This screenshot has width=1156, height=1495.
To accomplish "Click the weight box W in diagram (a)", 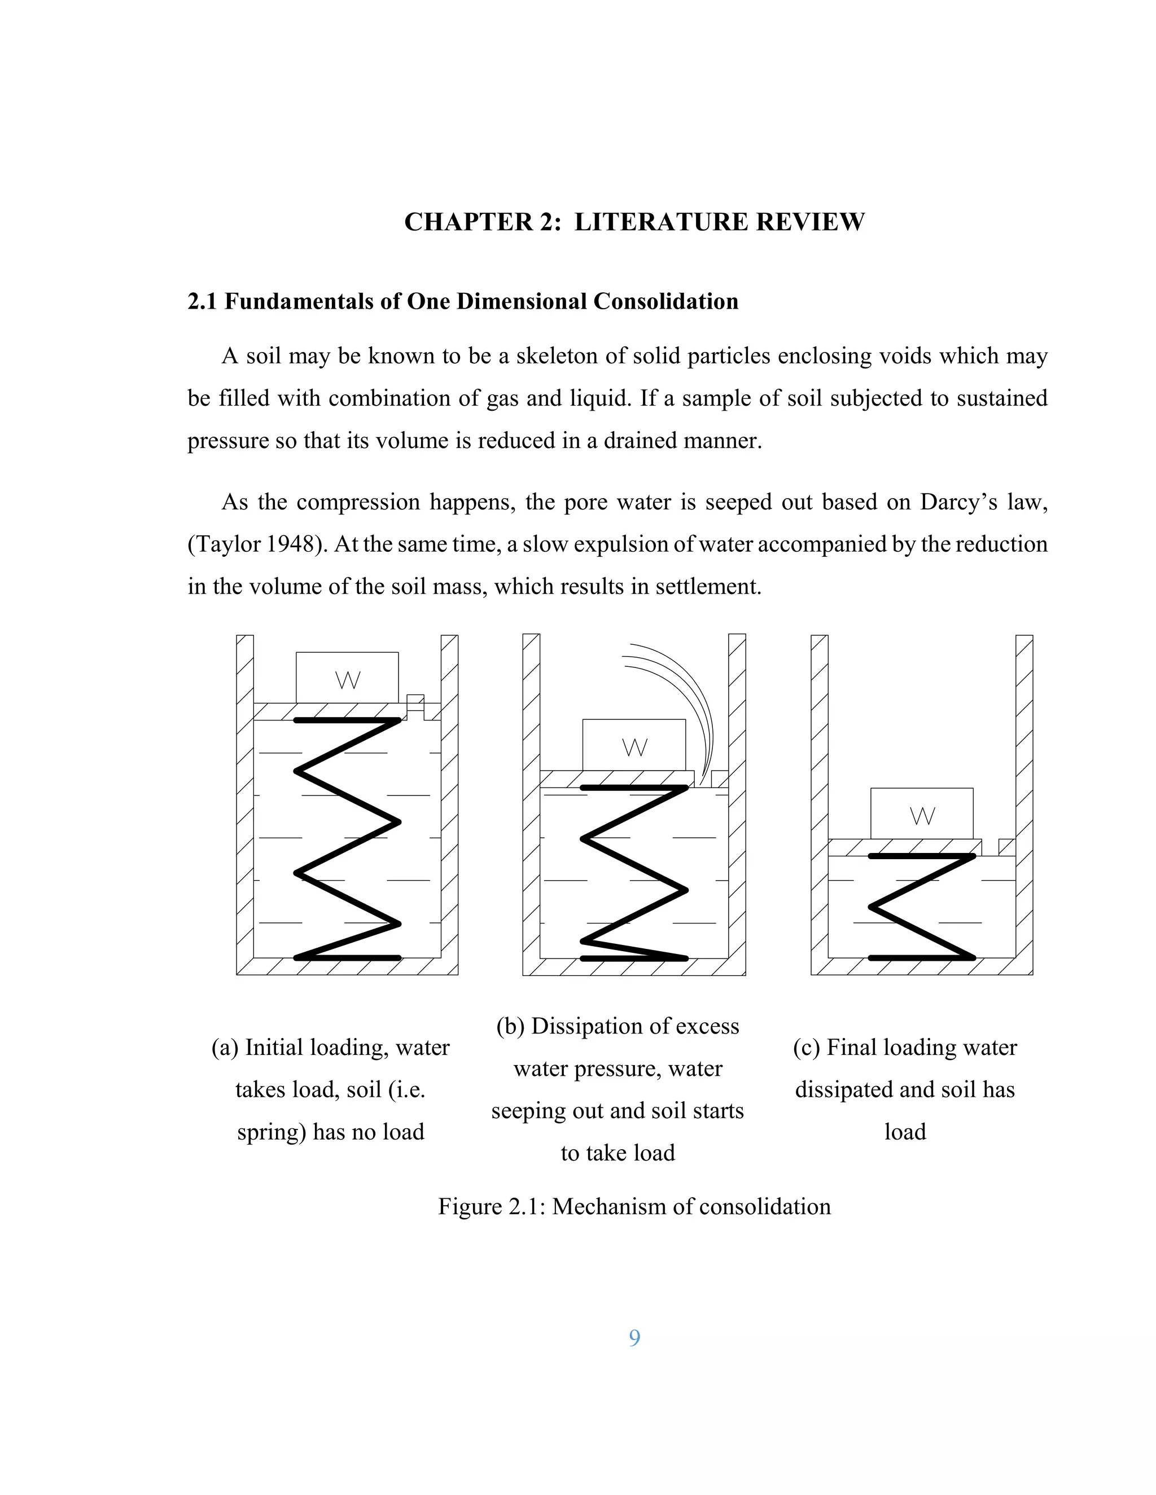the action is coord(347,678).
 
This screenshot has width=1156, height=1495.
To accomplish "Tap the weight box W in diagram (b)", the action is coord(634,745).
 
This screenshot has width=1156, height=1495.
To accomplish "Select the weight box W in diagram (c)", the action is coord(922,813).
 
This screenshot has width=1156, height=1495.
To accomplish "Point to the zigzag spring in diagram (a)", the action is coord(347,838).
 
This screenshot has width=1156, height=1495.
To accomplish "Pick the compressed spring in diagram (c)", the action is coord(922,907).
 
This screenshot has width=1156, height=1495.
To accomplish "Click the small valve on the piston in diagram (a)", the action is coord(415,706).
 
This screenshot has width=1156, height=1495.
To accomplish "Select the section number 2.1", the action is coord(202,301).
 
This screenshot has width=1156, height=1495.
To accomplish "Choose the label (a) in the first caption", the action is coord(225,1047).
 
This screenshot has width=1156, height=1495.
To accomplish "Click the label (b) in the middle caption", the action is coord(510,1026).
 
